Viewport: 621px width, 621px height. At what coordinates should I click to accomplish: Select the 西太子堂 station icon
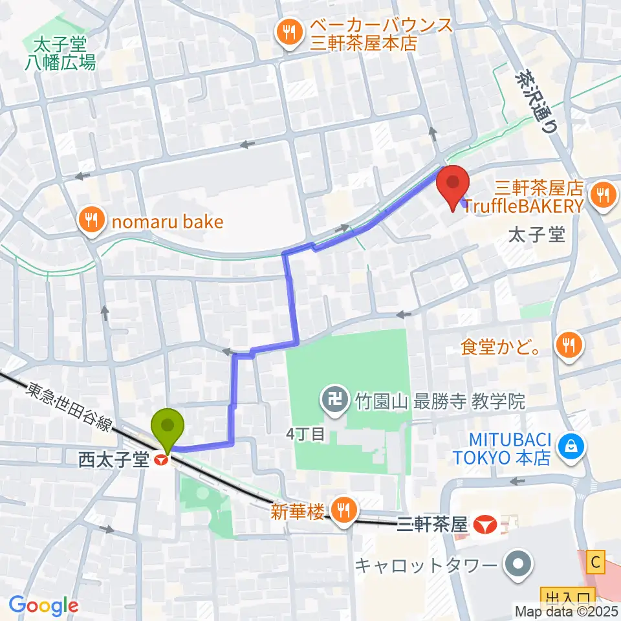pyautogui.click(x=160, y=461)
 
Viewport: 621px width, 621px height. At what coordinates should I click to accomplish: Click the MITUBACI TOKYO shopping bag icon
pyautogui.click(x=572, y=445)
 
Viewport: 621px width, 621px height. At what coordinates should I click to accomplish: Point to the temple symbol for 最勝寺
pyautogui.click(x=334, y=402)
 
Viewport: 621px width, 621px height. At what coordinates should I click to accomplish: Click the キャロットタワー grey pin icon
pyautogui.click(x=518, y=565)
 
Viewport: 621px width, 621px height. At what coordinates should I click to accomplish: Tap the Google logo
pyautogui.click(x=43, y=605)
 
